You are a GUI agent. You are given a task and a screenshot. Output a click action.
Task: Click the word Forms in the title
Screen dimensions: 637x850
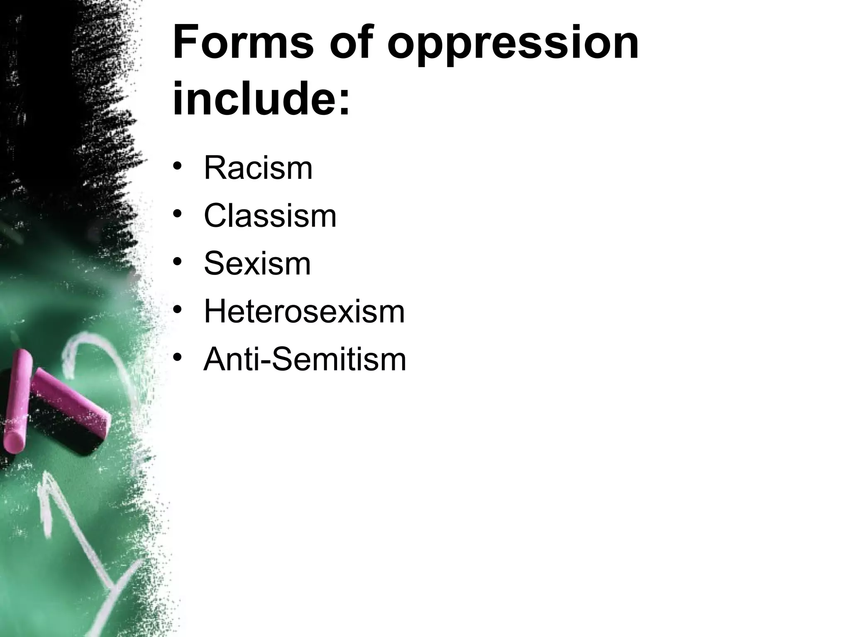[x=243, y=43]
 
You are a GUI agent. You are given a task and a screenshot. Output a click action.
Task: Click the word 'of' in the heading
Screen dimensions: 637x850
[x=356, y=43]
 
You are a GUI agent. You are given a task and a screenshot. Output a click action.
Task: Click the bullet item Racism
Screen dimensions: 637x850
[x=258, y=168]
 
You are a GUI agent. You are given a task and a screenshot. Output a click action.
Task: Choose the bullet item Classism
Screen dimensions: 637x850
[x=270, y=216]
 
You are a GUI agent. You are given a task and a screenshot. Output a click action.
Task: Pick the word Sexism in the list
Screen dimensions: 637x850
[x=257, y=264]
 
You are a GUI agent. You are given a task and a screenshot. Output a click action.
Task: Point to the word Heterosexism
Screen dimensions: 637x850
[x=304, y=312]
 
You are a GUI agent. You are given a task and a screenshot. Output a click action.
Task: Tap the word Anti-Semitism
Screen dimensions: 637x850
[x=305, y=360]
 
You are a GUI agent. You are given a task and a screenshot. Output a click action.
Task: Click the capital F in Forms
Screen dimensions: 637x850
[x=186, y=43]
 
